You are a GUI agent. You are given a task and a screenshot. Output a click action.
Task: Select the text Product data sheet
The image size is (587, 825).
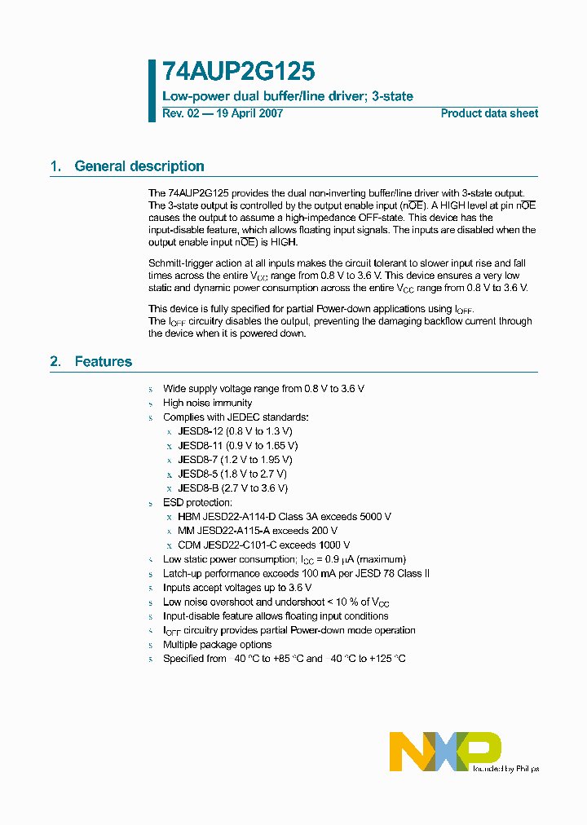tap(489, 113)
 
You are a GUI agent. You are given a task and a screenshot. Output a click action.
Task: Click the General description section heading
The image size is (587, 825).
tap(139, 166)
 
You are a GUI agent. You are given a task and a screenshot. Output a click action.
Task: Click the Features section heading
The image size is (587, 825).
tap(103, 361)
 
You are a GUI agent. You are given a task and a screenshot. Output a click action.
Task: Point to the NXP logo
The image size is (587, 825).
tap(444, 751)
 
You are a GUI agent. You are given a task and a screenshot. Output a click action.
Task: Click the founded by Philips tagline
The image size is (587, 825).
tap(505, 768)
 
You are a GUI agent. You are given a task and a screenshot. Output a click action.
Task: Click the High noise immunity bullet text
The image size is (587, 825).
tap(207, 403)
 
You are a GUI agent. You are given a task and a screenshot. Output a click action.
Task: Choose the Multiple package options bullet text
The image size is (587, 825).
tap(217, 645)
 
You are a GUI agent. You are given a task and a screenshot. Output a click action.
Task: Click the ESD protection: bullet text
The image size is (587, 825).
tap(197, 503)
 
